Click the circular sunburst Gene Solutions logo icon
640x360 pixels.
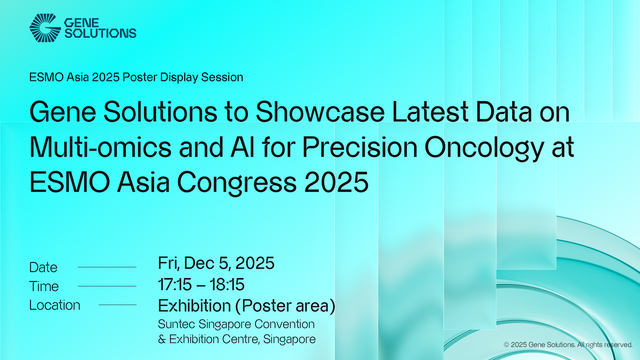pyautogui.click(x=45, y=28)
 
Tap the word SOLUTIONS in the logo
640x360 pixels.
pyautogui.click(x=100, y=33)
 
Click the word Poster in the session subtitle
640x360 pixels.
pyautogui.click(x=140, y=77)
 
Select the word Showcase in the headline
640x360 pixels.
pyautogui.click(x=320, y=112)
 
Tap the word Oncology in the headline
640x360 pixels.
pyautogui.click(x=484, y=149)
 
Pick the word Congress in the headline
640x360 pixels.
pyautogui.click(x=237, y=184)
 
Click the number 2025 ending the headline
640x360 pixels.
pyautogui.click(x=336, y=182)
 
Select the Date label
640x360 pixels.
pyautogui.click(x=43, y=267)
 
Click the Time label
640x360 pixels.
pyautogui.click(x=44, y=286)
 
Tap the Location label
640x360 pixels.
pyautogui.click(x=55, y=305)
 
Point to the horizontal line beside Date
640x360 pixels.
pyautogui.click(x=107, y=267)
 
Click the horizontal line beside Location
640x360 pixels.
pyautogui.click(x=118, y=305)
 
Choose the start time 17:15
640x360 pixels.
pyautogui.click(x=175, y=285)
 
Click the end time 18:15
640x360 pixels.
pyautogui.click(x=227, y=285)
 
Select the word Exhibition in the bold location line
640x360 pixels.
pyautogui.click(x=195, y=306)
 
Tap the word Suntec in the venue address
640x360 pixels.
pyautogui.click(x=176, y=324)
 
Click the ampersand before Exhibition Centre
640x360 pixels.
pyautogui.click(x=162, y=339)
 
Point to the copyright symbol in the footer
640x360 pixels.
pyautogui.click(x=506, y=345)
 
